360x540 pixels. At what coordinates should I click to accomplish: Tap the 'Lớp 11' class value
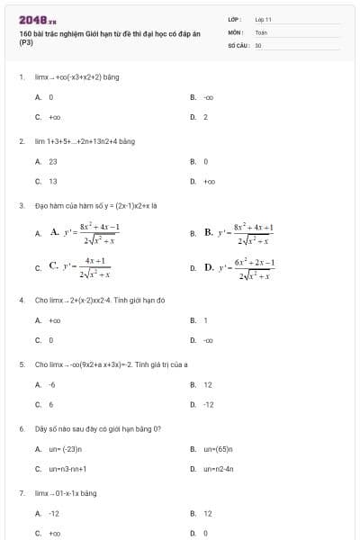tap(263, 19)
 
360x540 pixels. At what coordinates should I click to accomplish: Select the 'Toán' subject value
tap(261, 31)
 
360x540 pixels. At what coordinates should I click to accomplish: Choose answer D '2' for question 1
tap(205, 117)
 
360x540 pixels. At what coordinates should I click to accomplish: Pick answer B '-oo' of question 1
tap(208, 96)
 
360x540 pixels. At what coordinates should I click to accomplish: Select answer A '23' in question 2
tap(52, 161)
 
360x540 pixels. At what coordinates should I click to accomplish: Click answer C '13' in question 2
tap(52, 181)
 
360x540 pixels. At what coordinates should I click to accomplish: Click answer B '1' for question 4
tap(205, 319)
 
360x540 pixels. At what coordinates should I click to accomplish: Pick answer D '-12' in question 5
tap(208, 404)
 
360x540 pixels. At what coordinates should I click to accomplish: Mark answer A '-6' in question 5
tap(51, 384)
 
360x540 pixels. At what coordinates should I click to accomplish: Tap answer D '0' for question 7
tap(205, 533)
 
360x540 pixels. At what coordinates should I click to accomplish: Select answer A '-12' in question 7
tap(53, 513)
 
